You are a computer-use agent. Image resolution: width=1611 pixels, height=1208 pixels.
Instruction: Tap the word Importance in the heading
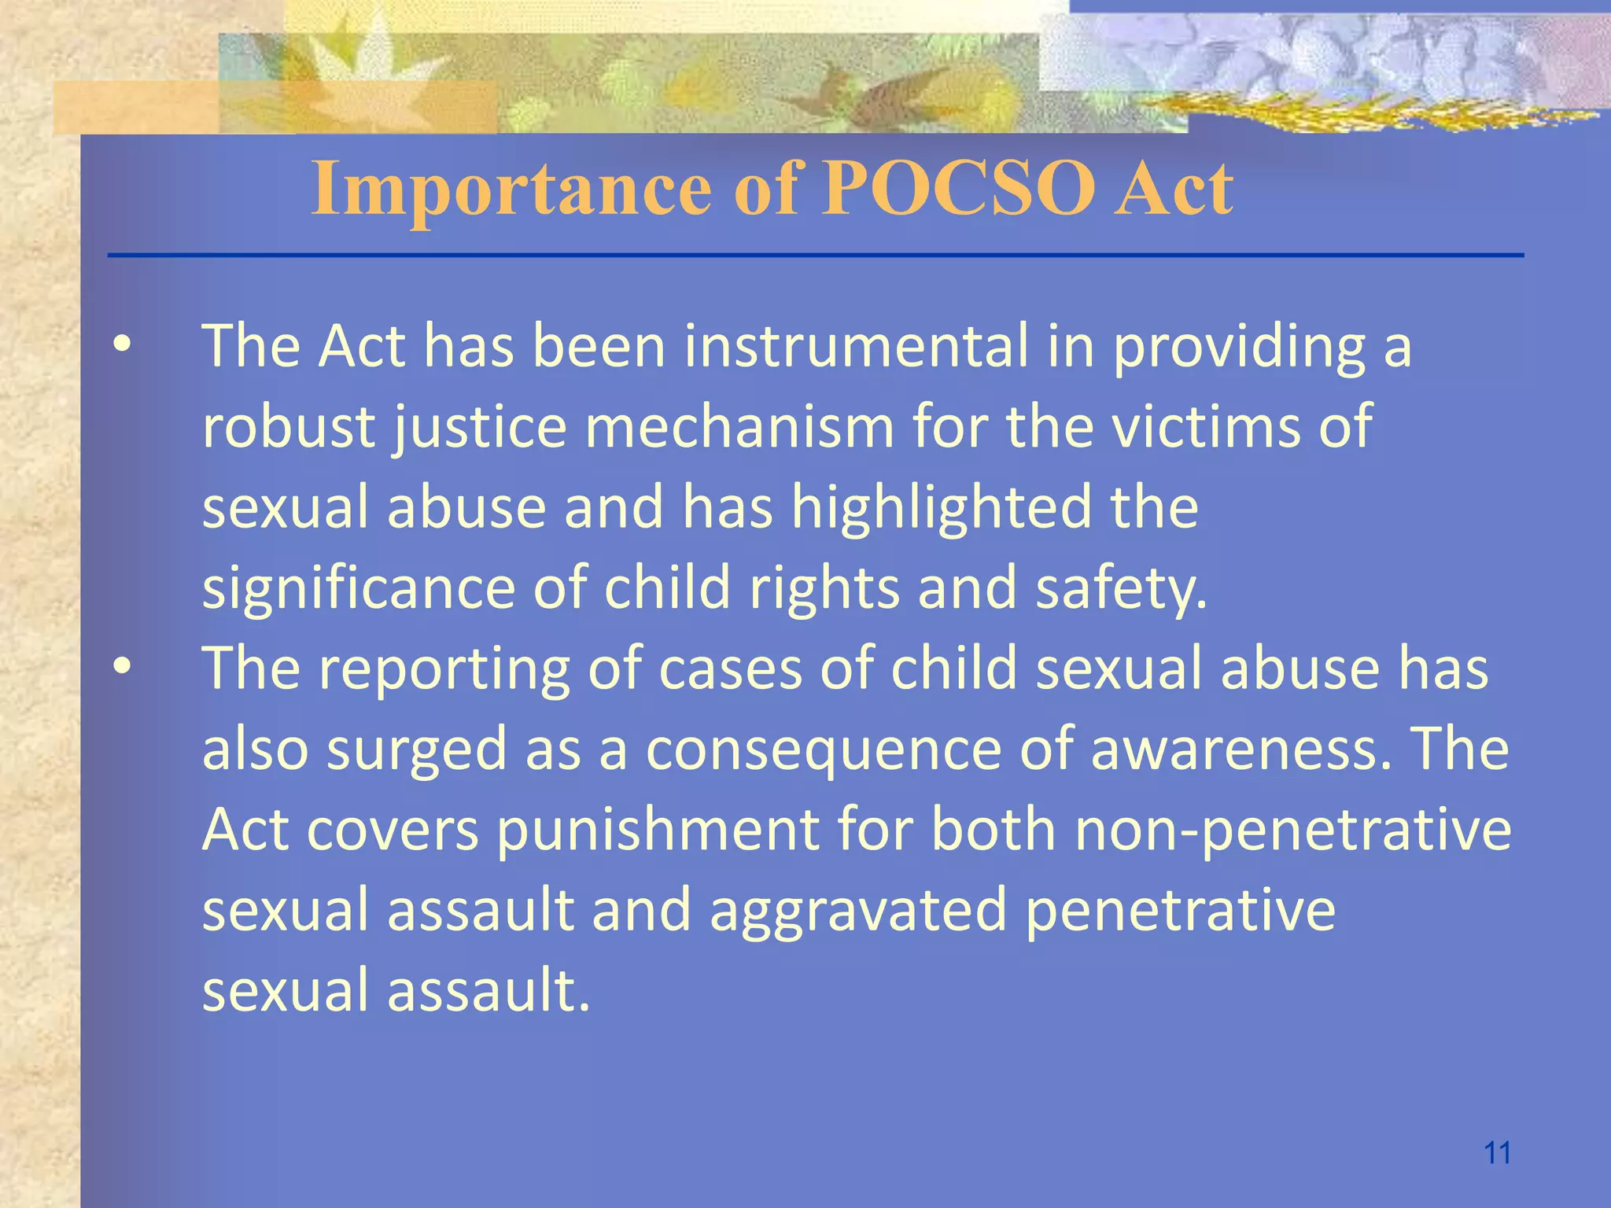(511, 189)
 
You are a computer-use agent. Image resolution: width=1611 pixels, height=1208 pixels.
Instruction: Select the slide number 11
(1497, 1153)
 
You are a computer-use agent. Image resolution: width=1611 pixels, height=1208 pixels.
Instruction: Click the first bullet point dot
(122, 345)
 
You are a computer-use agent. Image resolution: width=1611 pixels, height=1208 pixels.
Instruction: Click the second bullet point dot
(122, 667)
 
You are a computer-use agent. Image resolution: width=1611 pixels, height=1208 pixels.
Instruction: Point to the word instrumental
(856, 346)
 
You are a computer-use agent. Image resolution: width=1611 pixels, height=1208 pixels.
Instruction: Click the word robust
(288, 426)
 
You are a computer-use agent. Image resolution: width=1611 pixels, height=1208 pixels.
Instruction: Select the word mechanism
(739, 426)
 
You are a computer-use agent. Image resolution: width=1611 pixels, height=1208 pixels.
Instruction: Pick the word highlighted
(941, 507)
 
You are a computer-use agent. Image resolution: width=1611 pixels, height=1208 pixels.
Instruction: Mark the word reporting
(444, 669)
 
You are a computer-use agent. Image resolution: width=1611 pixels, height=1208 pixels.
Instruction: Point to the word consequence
(823, 750)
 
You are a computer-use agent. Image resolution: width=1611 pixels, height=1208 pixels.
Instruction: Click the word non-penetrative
(1292, 830)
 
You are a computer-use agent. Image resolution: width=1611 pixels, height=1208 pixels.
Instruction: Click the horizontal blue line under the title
(815, 255)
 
